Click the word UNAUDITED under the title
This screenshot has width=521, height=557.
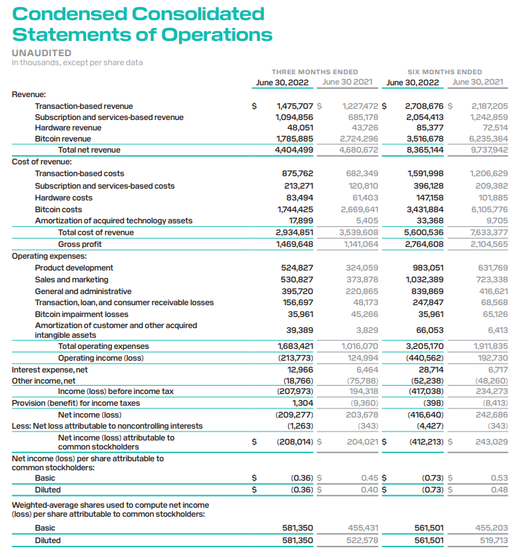point(42,53)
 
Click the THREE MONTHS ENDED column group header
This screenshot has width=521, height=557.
point(315,71)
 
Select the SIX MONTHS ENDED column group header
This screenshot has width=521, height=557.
point(445,71)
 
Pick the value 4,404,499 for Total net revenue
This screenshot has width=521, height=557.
point(295,150)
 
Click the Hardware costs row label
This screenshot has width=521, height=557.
point(64,198)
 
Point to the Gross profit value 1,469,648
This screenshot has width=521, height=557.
point(295,244)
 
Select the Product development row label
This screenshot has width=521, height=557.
point(74,268)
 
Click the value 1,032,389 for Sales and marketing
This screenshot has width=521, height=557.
point(425,280)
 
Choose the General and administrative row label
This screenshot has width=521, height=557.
point(83,291)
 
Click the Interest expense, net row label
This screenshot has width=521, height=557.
point(50,370)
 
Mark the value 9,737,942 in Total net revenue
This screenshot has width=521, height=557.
point(489,150)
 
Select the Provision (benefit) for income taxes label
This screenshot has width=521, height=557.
point(76,403)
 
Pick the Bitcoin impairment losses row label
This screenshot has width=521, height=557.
point(82,314)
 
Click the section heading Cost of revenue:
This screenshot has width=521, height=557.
point(42,161)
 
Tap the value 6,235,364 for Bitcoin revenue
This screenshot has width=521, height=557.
point(489,139)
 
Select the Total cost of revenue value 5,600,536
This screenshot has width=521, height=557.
point(425,232)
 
